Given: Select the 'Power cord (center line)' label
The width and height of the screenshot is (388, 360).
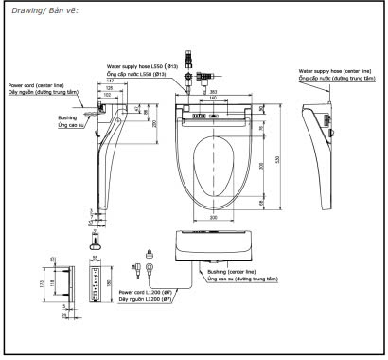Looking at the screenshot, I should click(x=38, y=84).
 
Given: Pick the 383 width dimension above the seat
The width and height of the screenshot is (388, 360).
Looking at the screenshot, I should click(x=215, y=91).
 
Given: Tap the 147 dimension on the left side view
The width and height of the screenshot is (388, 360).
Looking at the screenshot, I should click(x=109, y=83).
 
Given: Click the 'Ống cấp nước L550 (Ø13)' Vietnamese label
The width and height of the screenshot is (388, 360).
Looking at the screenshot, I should click(x=142, y=73).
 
